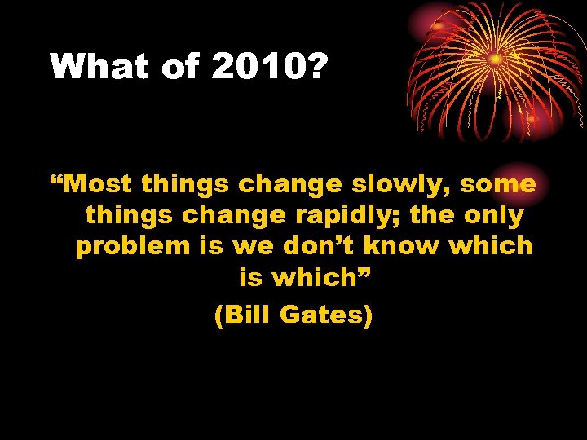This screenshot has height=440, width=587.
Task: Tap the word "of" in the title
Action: coord(182,67)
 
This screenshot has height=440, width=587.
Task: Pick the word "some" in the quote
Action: coord(498,184)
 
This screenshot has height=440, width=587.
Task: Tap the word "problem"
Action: coord(131,247)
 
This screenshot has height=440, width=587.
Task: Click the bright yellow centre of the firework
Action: coord(494,59)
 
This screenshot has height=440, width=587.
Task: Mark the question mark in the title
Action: coord(315,67)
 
